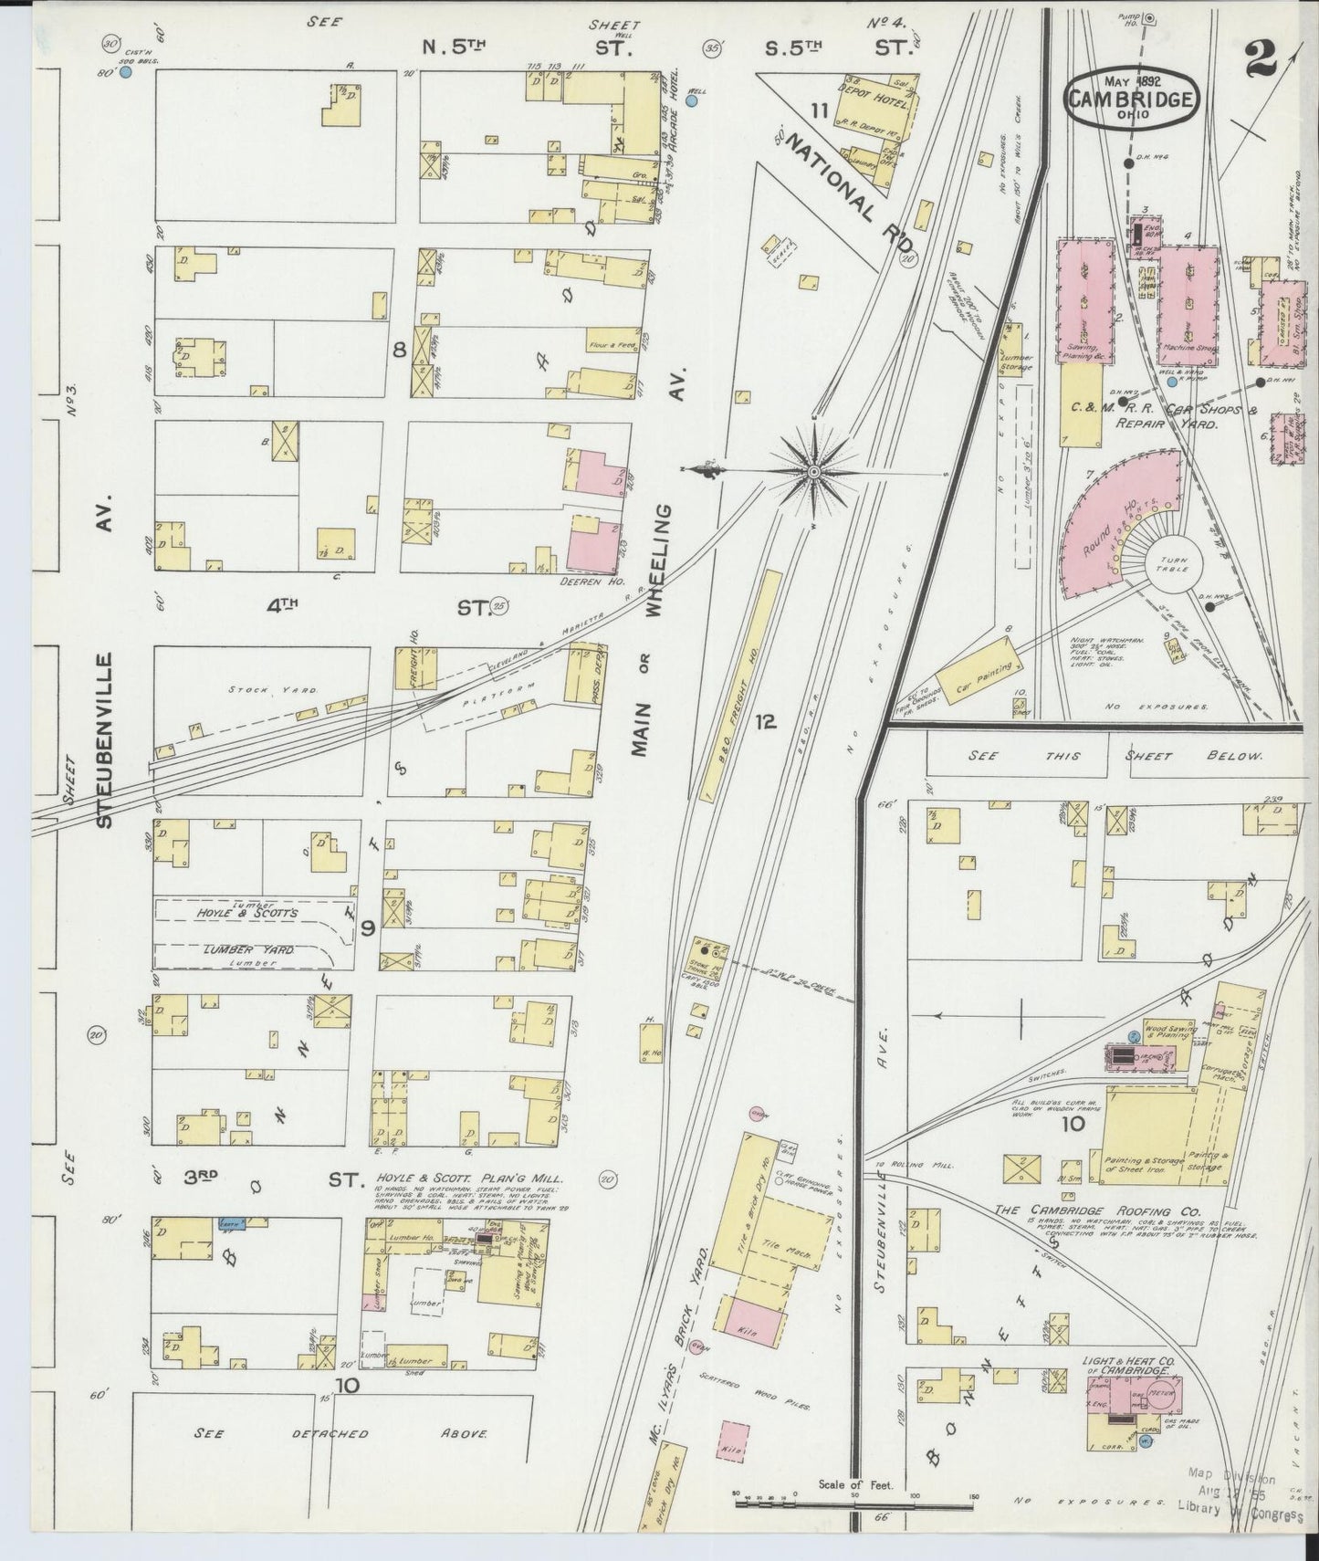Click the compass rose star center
(813, 471)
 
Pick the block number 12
(765, 723)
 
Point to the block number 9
(368, 929)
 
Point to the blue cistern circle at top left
(126, 71)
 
